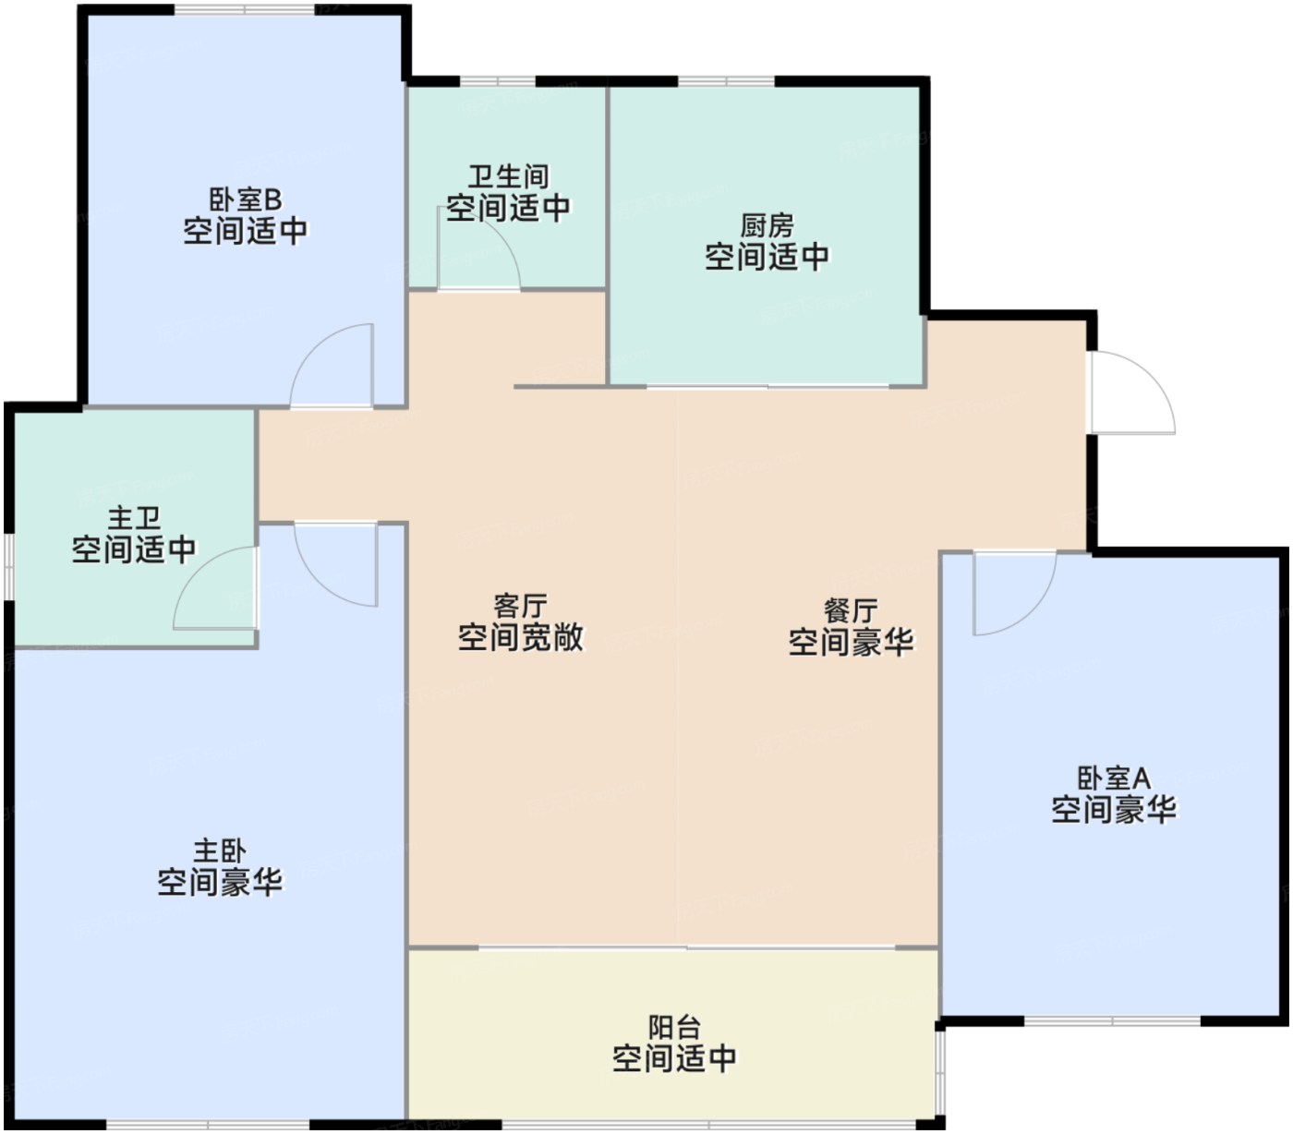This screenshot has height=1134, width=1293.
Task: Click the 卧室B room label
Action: [x=246, y=199]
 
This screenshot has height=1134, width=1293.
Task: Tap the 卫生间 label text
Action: [x=509, y=176]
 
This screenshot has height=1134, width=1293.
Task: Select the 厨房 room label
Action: [x=767, y=226]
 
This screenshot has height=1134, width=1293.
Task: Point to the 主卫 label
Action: [x=134, y=518]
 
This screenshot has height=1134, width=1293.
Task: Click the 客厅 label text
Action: [x=521, y=606]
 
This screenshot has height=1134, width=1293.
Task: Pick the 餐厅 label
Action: [x=851, y=610]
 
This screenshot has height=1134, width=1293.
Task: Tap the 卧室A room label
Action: [x=1114, y=778]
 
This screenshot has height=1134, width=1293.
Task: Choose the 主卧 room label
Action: [x=220, y=851]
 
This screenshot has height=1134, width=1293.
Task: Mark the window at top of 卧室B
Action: [x=245, y=9]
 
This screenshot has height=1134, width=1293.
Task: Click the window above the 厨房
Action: [x=726, y=81]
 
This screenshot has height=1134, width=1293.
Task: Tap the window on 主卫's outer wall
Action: [x=9, y=567]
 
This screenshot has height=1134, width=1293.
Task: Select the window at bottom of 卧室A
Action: [x=1112, y=1021]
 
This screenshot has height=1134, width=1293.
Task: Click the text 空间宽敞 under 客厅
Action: [x=521, y=637]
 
